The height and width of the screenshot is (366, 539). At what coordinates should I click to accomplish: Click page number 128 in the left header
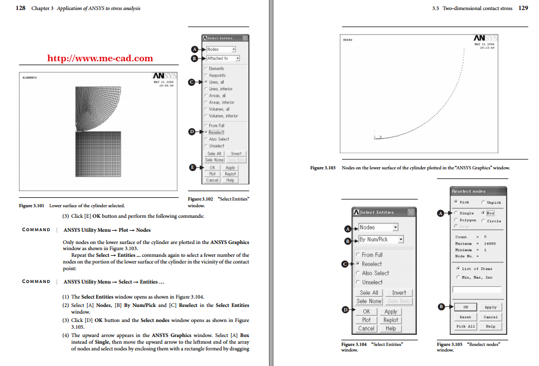tap(21, 8)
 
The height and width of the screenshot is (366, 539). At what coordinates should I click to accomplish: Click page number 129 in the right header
tap(523, 8)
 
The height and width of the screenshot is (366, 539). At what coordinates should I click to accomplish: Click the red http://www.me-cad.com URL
tap(100, 58)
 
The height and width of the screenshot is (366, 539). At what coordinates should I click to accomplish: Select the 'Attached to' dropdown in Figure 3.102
tap(223, 58)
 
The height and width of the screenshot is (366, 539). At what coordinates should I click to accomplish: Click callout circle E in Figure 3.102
tap(194, 167)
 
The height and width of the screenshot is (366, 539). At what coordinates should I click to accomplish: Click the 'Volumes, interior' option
tap(223, 116)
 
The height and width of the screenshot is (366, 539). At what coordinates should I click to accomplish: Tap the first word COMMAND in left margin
tap(36, 230)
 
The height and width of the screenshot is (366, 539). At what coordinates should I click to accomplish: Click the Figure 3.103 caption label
tap(324, 168)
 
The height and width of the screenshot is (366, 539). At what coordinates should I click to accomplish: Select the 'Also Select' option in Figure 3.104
tap(375, 273)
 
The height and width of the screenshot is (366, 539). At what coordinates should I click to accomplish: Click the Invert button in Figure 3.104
tap(399, 292)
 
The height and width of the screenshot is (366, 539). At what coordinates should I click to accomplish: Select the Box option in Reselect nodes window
tap(490, 213)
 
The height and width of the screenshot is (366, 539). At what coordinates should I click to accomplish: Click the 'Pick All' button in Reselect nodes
tap(465, 326)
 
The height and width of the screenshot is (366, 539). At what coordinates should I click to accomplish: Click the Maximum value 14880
tap(489, 243)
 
